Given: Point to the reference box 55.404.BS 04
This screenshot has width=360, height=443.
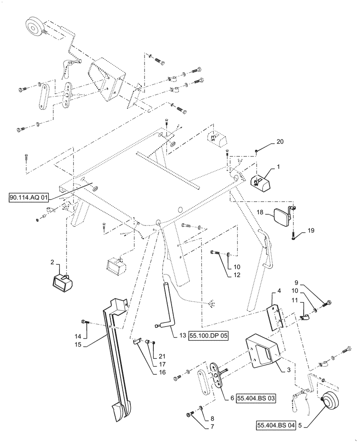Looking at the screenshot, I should [x=275, y=426].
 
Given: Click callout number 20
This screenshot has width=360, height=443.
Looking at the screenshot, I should [x=279, y=142].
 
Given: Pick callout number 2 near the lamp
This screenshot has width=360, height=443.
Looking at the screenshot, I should [x=52, y=263].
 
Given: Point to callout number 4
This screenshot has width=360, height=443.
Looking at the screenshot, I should [x=279, y=291].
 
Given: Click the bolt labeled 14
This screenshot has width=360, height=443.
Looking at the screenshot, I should [x=84, y=322].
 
